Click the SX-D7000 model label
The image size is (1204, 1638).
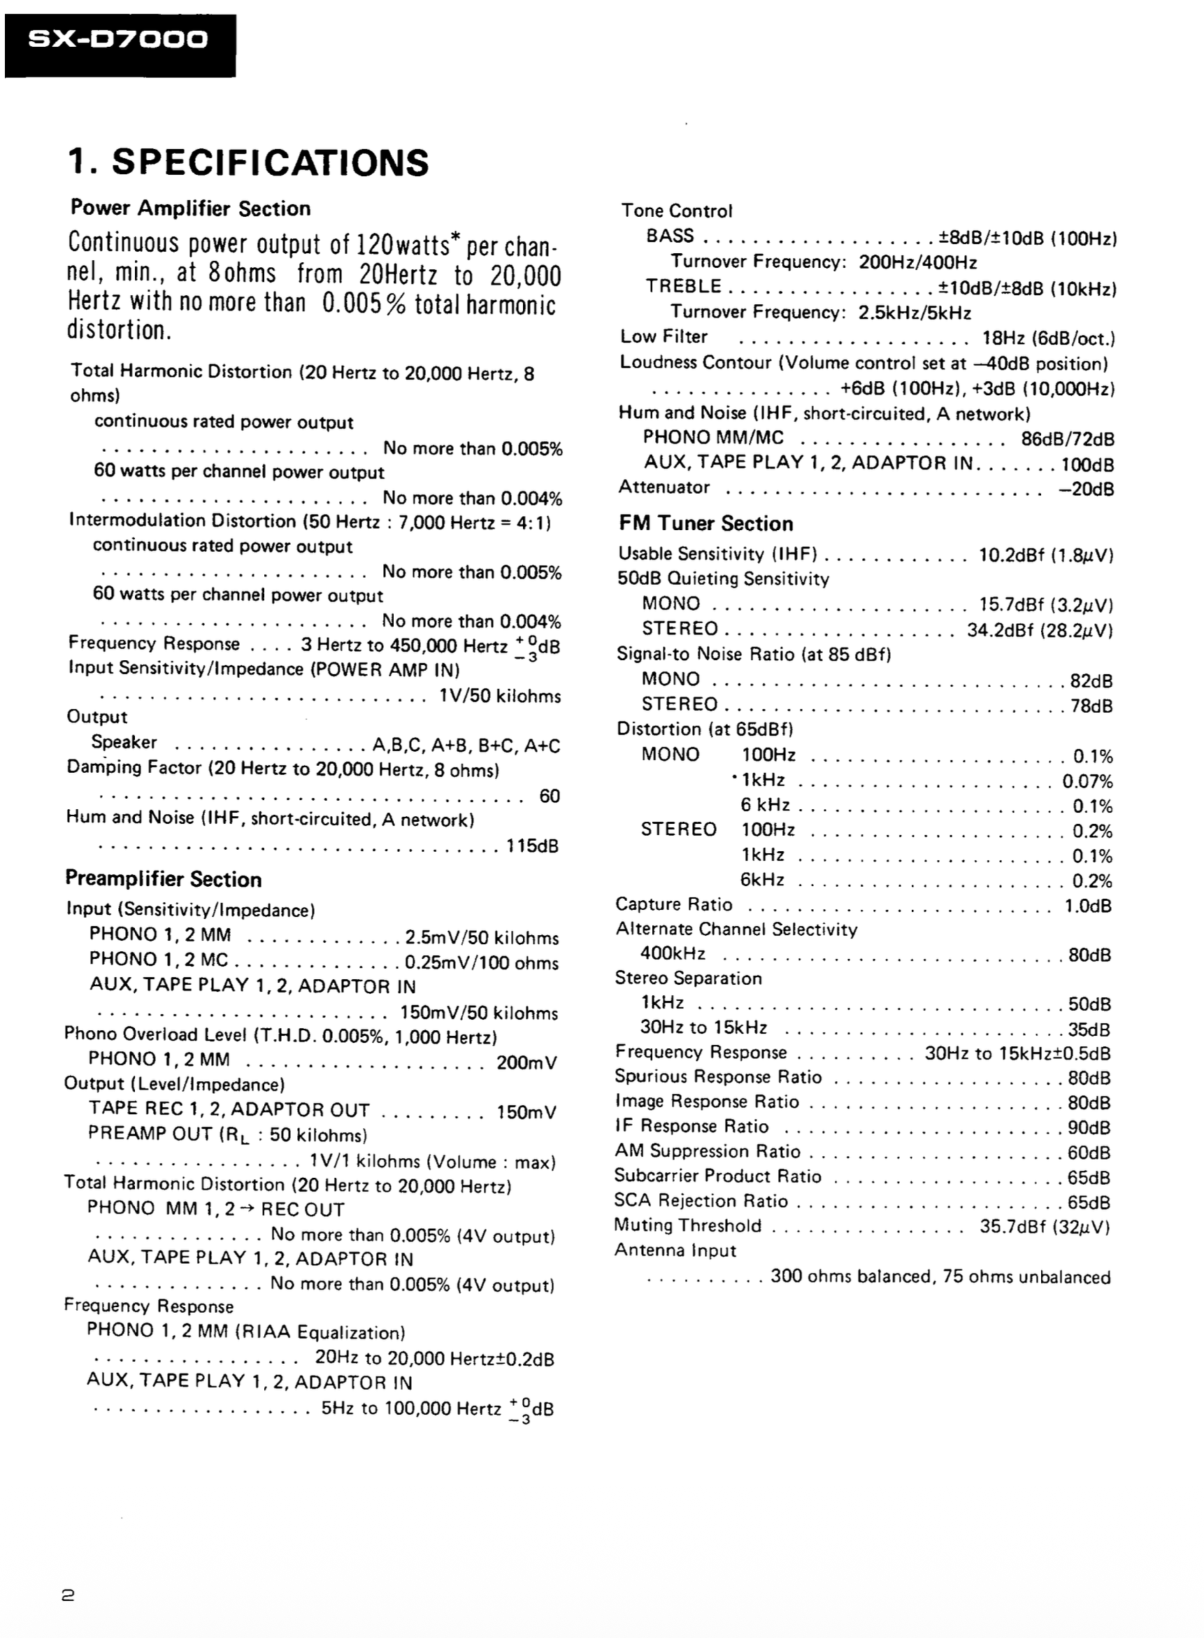[118, 39]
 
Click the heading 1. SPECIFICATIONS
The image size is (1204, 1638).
[248, 162]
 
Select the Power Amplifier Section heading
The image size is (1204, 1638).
[190, 208]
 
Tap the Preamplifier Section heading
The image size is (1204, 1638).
[163, 878]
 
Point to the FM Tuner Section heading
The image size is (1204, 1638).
[705, 523]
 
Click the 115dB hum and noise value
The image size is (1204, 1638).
[532, 846]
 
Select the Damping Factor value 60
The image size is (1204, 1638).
[549, 795]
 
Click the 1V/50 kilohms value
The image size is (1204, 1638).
[500, 696]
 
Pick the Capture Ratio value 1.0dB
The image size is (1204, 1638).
[1087, 906]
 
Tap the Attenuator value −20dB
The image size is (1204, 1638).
[1086, 489]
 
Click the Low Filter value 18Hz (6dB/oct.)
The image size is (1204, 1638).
[1049, 339]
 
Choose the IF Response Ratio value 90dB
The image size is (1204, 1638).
[1089, 1127]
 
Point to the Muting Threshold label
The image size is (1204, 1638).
[687, 1225]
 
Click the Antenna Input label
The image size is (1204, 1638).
[675, 1251]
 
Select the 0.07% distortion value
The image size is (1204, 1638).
[1087, 781]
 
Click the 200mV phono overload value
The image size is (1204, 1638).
[526, 1062]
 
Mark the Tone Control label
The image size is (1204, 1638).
[676, 211]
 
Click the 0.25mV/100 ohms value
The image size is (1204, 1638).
[482, 962]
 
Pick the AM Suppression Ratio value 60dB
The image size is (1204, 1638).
[1089, 1153]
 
